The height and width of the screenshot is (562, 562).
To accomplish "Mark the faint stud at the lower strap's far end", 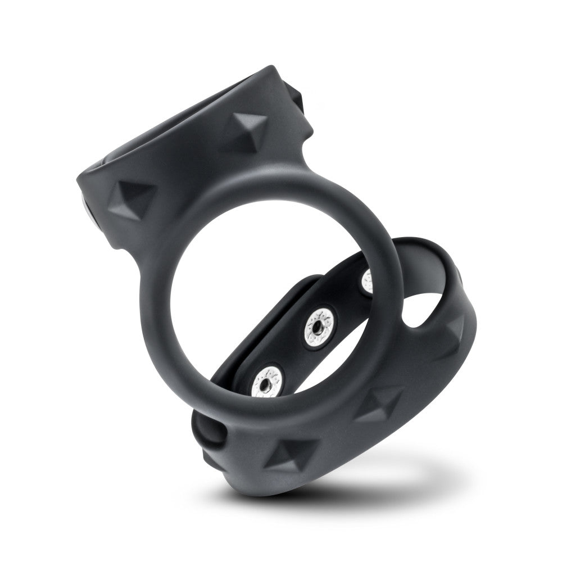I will [x=454, y=332].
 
